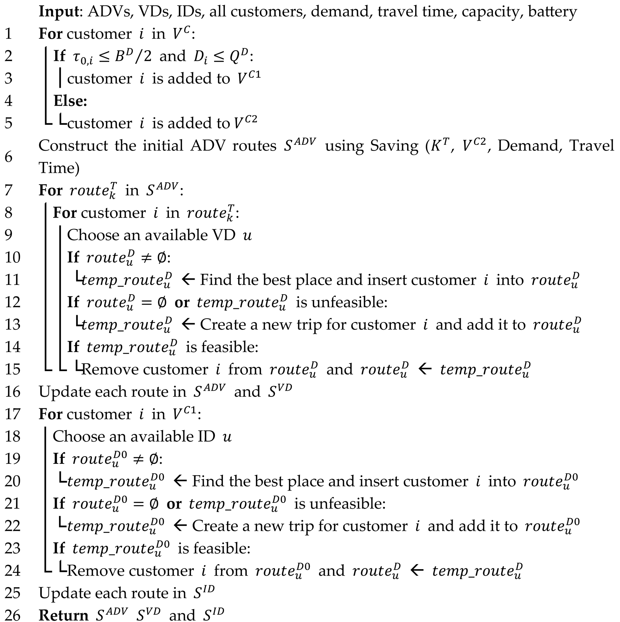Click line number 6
point(8,157)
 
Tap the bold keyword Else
point(70,101)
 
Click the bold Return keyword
point(63,615)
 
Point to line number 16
point(12,391)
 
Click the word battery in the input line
point(552,12)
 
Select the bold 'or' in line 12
point(182,302)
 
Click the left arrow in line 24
point(417,571)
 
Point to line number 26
point(12,615)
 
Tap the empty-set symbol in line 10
point(162,257)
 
